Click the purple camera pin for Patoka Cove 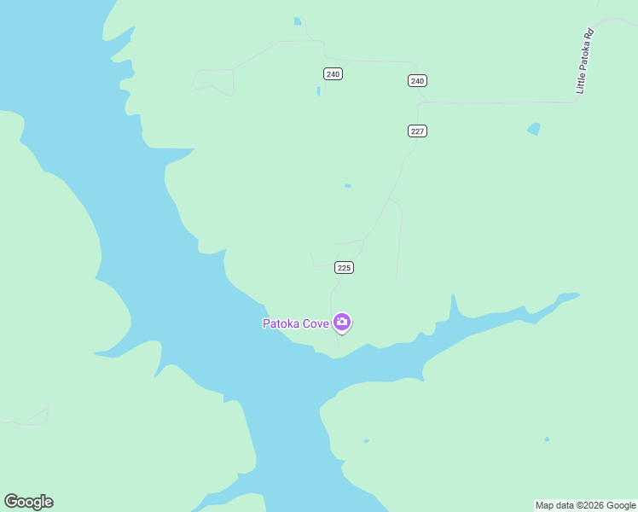(x=342, y=322)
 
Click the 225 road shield (x=344, y=267)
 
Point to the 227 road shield (x=417, y=131)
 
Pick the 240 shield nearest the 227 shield (x=416, y=81)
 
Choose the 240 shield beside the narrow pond (x=333, y=74)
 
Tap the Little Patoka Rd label (x=584, y=62)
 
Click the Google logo (x=29, y=502)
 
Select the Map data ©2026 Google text (x=585, y=505)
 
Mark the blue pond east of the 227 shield (x=534, y=129)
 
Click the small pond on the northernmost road (x=297, y=21)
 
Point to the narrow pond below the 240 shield (x=319, y=90)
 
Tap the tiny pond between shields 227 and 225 (x=347, y=185)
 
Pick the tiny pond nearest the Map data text (x=547, y=439)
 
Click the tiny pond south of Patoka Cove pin (x=366, y=441)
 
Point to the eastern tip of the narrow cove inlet (x=577, y=296)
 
